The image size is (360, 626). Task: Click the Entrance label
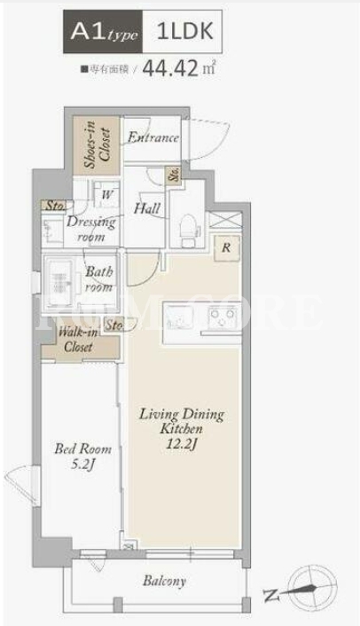[153, 137]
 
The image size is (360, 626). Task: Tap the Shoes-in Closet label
[97, 145]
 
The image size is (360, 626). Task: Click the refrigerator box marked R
[227, 248]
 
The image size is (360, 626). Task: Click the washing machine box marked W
[106, 194]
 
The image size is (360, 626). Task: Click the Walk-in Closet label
[79, 339]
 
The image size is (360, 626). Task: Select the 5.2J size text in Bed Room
[83, 465]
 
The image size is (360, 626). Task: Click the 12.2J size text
[182, 444]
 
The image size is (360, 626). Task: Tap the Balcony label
[164, 581]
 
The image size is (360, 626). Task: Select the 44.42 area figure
[170, 68]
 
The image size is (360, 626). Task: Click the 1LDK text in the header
[184, 32]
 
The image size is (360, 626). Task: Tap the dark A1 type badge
[103, 32]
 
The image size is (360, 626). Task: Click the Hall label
[147, 208]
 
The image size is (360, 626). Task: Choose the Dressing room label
[91, 229]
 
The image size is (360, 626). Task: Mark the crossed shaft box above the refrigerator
[225, 221]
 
